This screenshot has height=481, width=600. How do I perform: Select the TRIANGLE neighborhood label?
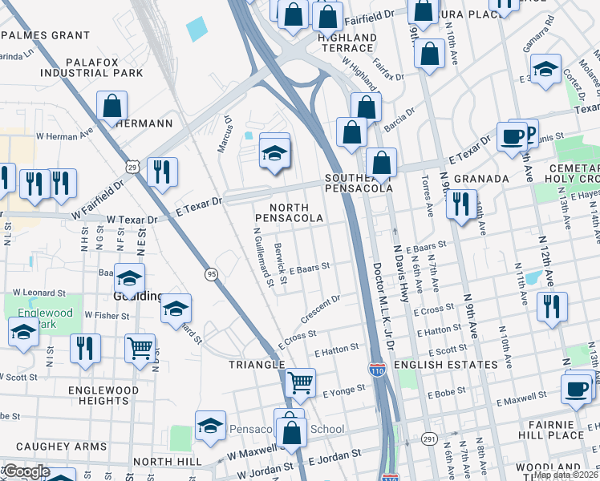(x=257, y=364)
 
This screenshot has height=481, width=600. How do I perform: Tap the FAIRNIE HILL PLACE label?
(x=566, y=429)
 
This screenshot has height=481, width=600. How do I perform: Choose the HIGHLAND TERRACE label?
(x=347, y=43)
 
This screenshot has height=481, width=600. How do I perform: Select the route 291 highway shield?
(x=428, y=439)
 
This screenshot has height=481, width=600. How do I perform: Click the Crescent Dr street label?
(x=321, y=309)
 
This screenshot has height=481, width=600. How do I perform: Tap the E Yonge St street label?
(x=343, y=391)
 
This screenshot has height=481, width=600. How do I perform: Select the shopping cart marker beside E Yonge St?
(x=300, y=382)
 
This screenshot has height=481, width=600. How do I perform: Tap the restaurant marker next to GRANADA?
(x=461, y=203)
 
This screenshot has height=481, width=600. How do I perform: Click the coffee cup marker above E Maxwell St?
(x=576, y=388)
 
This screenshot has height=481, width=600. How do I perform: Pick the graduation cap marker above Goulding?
(x=129, y=277)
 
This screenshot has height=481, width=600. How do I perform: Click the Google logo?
(x=26, y=472)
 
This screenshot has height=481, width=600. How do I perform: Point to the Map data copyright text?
(x=566, y=475)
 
